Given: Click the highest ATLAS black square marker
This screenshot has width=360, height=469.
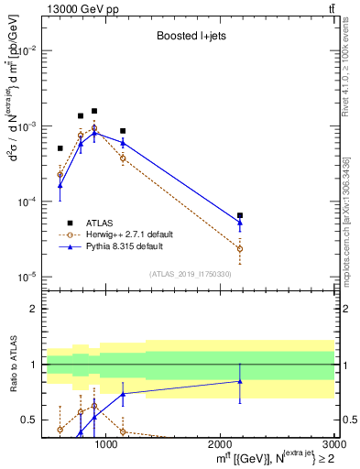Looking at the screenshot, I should [94, 111].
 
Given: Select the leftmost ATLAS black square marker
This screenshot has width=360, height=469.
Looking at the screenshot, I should [60, 147].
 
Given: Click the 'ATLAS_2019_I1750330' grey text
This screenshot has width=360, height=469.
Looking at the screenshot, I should [190, 274].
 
